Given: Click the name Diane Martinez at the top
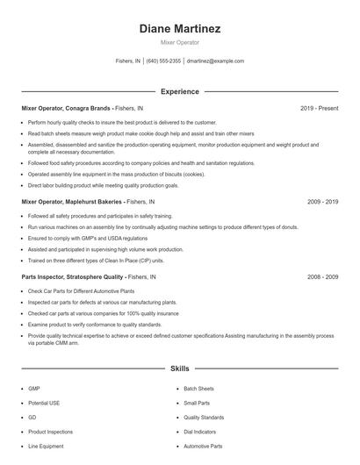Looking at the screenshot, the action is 179,28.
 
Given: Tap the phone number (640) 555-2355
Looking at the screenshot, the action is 163,61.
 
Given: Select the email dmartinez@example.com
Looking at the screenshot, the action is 215,61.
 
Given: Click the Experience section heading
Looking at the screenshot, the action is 179,91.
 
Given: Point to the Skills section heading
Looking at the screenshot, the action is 179,369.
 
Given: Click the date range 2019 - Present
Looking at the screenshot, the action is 319,108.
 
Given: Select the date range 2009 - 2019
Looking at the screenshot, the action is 322,202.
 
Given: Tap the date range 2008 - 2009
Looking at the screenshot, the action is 322,276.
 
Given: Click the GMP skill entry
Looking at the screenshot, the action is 34,388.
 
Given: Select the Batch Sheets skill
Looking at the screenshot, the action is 198,388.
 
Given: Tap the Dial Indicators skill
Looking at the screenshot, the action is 200,432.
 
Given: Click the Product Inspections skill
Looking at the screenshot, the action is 50,432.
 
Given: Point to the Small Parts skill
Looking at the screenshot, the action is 197,403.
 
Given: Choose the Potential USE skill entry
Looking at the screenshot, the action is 43,403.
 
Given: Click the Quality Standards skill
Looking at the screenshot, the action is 204,417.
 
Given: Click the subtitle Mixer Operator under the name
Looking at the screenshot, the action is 179,42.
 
